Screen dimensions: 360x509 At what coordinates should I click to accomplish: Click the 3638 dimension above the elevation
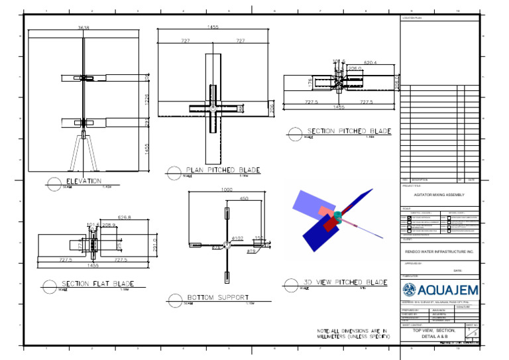click(83, 29)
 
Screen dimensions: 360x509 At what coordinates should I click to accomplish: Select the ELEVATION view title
click(83, 180)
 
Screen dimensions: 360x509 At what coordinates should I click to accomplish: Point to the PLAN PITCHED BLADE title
click(222, 170)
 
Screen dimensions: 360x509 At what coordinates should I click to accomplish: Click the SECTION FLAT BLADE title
click(98, 284)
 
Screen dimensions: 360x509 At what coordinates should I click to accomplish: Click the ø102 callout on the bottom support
click(238, 237)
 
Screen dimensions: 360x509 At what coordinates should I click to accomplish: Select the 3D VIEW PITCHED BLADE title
click(345, 282)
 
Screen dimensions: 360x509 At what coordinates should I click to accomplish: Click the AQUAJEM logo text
click(451, 290)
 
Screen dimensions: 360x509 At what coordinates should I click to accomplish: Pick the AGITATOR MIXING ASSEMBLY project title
click(439, 195)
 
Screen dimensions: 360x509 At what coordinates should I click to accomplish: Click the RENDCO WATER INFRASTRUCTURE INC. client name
click(439, 251)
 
